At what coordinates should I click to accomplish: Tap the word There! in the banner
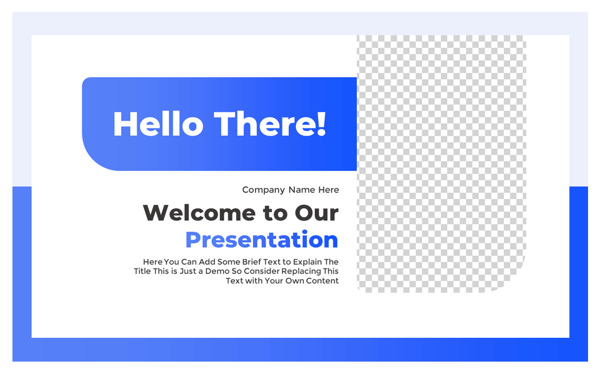tap(270, 124)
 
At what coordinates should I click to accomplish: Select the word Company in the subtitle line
tap(264, 190)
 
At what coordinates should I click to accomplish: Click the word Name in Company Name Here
tap(302, 190)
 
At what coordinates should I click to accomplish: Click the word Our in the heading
tap(317, 213)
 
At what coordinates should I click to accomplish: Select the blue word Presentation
tap(262, 240)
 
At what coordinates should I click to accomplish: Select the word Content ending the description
tap(322, 281)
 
